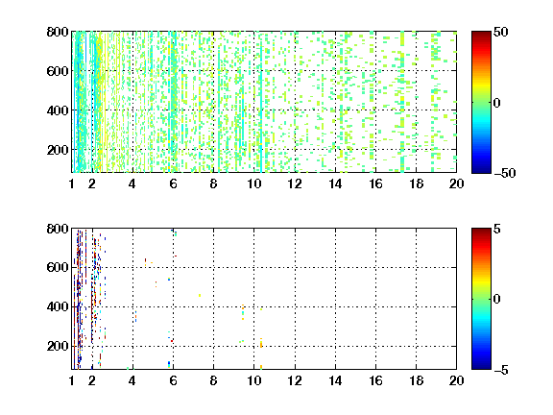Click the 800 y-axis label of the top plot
click(x=58, y=32)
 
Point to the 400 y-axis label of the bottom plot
click(x=58, y=306)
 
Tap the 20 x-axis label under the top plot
click(x=456, y=183)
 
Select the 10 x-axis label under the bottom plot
click(x=253, y=380)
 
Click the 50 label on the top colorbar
click(x=501, y=32)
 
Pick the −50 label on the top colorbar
click(x=505, y=173)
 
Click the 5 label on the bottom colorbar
click(x=497, y=229)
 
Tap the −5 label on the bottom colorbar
click(x=501, y=370)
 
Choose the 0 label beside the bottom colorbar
click(x=497, y=300)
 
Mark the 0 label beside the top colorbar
click(x=497, y=103)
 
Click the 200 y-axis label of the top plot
click(x=58, y=150)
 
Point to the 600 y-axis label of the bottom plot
click(x=58, y=267)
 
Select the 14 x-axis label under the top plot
click(x=335, y=183)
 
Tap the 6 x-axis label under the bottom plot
click(x=173, y=380)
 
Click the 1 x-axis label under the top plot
click(x=72, y=183)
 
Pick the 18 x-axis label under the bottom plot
click(x=416, y=380)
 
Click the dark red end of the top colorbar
click(x=481, y=34)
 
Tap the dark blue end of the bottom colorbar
click(x=481, y=367)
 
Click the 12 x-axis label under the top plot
click(x=295, y=183)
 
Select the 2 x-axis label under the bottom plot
click(x=92, y=380)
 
